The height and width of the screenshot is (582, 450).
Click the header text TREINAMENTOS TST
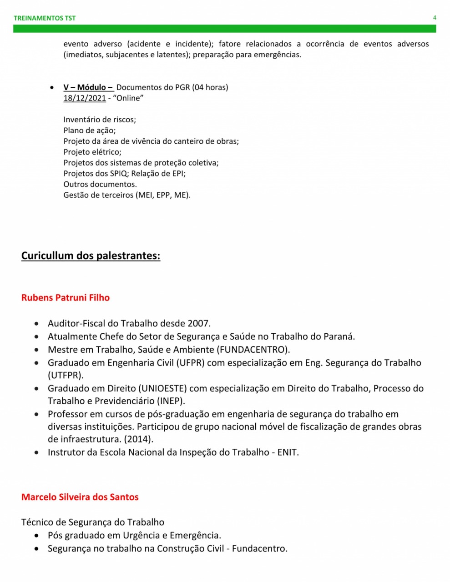point(45,18)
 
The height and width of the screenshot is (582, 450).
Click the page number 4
point(435,18)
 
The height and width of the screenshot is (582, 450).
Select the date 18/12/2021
point(85,98)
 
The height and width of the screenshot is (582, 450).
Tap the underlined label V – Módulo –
point(88,87)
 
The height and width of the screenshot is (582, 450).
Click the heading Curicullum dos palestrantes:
point(91,256)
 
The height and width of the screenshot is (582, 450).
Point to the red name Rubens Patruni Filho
point(66,298)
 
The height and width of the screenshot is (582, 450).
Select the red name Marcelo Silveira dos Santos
point(80,497)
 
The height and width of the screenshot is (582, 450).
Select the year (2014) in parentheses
point(138,439)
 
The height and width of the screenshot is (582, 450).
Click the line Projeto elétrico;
point(92,152)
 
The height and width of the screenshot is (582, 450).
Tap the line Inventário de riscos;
point(100,120)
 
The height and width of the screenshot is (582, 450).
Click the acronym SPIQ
point(119,174)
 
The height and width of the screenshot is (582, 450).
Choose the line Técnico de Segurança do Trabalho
point(93,522)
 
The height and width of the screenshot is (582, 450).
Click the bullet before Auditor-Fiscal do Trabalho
point(36,324)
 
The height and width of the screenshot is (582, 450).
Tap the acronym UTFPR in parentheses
point(66,376)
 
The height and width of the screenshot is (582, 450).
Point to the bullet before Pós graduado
point(36,536)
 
